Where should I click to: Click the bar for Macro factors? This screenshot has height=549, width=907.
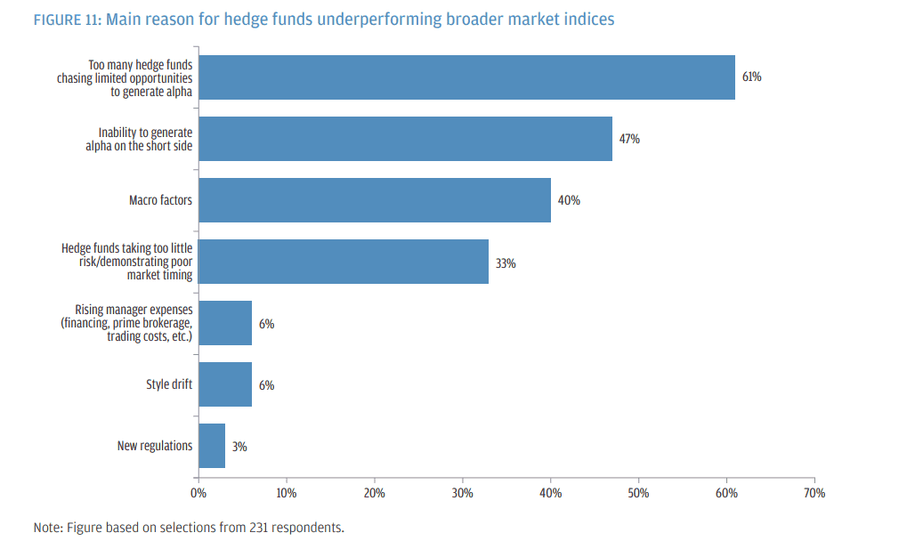click(x=374, y=200)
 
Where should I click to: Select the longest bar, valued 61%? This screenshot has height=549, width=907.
click(x=466, y=77)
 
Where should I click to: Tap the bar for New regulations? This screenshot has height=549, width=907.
click(x=212, y=446)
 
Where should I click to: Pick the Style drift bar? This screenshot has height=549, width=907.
click(x=225, y=384)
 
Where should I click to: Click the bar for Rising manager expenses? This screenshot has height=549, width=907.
click(x=225, y=323)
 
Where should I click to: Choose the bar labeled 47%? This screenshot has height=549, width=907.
click(x=405, y=139)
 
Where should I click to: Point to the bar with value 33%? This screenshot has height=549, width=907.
click(x=344, y=262)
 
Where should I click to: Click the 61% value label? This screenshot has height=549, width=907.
click(x=751, y=77)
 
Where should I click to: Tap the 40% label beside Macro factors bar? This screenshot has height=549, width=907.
click(x=569, y=200)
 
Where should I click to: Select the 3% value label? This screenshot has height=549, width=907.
click(x=239, y=447)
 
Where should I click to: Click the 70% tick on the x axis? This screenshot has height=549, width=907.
click(x=814, y=493)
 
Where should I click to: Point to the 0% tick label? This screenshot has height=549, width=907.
click(x=198, y=493)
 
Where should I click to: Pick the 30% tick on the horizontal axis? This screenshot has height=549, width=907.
click(x=462, y=493)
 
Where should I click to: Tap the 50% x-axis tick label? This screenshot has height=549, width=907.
click(x=638, y=493)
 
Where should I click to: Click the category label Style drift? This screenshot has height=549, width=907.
click(x=169, y=384)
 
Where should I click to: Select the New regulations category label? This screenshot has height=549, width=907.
click(x=155, y=446)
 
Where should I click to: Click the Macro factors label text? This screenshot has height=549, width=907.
click(x=160, y=200)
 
